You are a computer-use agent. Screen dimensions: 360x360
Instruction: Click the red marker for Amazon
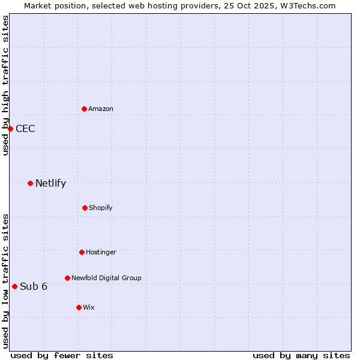coord(84,109)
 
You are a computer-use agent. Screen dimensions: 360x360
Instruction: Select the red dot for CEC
coord(10,128)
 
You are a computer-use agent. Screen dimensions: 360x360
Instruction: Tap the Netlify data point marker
coord(30,183)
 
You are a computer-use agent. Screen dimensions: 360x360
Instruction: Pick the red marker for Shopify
coord(85,208)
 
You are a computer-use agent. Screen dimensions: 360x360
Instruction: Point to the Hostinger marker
coord(82,252)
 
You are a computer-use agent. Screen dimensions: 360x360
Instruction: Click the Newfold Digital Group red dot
coord(67,278)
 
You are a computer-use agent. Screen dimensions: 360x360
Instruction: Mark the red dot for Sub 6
coord(14,286)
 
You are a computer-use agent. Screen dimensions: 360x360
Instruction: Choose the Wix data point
coord(79,307)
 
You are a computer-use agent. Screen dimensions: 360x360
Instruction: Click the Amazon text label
coord(101,109)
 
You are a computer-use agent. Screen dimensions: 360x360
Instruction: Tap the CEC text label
coord(25,128)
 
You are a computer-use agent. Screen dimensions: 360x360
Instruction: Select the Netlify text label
coord(50,183)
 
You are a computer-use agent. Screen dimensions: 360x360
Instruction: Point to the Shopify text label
coord(101,208)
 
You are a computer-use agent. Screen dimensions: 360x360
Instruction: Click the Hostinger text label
coord(101,252)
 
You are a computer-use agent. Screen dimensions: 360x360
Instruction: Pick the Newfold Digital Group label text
coord(106,278)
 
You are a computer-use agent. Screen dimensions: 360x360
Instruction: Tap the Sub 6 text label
coord(34,286)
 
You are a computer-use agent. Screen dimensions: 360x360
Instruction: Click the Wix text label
coord(89,307)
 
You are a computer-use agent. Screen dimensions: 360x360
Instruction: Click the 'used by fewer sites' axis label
coord(62,355)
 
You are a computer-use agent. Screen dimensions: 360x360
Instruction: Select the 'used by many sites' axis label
coord(301,355)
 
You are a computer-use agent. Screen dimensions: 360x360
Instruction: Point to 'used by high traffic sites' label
coord(5,85)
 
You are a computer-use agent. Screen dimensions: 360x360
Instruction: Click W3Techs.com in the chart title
coord(305,5)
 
